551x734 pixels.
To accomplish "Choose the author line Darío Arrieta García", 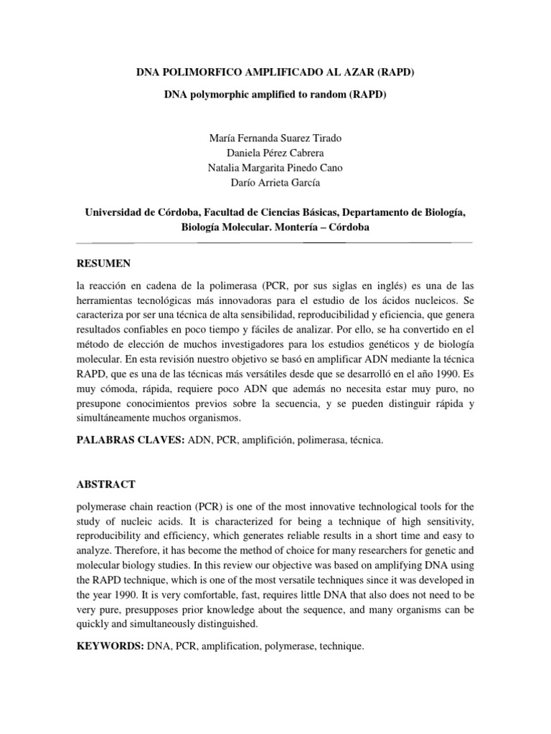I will (275, 183).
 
